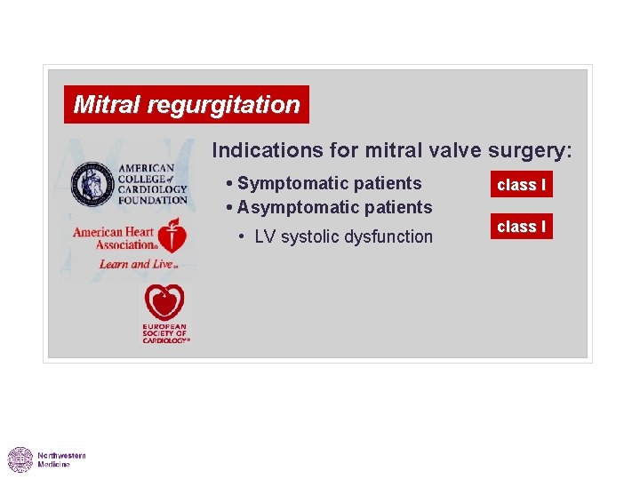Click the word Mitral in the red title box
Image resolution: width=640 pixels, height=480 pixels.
[108, 105]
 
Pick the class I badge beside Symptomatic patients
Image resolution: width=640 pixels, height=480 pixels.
[521, 185]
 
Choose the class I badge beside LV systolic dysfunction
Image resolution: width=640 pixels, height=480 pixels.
[521, 227]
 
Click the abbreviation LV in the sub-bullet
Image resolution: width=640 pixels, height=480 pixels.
[265, 236]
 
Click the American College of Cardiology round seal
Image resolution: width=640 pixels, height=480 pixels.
[92, 183]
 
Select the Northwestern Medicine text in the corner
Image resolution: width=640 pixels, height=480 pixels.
[61, 460]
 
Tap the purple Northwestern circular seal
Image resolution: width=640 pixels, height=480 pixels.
[20, 460]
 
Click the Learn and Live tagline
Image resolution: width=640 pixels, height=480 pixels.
[126, 264]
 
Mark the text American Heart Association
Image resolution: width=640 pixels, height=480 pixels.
[114, 238]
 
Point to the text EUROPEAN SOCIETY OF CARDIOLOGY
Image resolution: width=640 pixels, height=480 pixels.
[165, 334]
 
